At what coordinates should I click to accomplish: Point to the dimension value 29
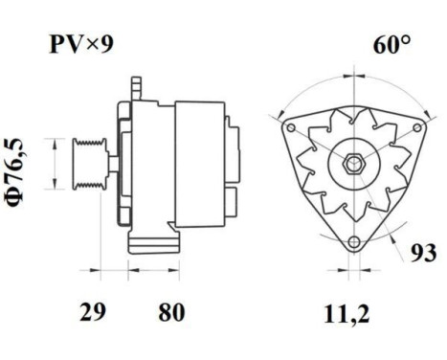point(93,312)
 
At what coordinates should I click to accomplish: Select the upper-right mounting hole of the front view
point(420,123)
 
